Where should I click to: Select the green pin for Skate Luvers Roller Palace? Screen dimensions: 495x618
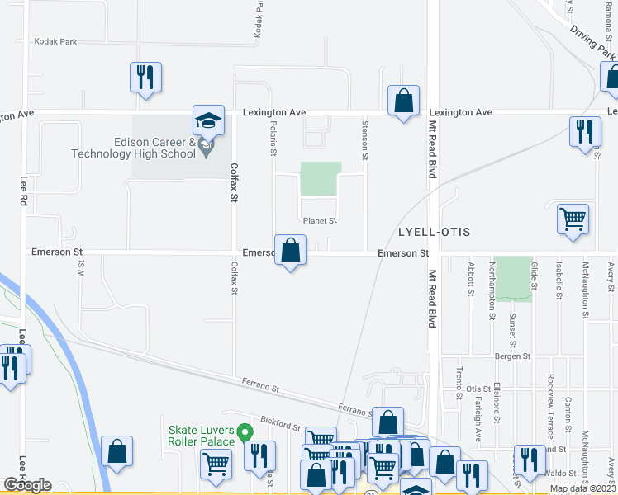click(x=244, y=431)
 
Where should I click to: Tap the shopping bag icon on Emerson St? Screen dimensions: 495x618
click(x=290, y=251)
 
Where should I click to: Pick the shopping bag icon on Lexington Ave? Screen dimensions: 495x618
click(x=402, y=102)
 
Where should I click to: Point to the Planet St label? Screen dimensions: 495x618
click(x=320, y=221)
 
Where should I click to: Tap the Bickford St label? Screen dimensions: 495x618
click(x=278, y=426)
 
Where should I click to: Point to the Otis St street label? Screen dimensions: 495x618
click(x=478, y=389)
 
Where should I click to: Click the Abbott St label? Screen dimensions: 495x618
click(x=470, y=279)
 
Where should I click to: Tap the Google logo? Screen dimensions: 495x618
click(x=28, y=485)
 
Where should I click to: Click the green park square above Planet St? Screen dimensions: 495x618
click(x=320, y=179)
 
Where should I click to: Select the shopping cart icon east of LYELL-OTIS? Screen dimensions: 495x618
click(x=573, y=219)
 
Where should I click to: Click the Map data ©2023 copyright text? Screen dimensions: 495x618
click(x=583, y=488)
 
